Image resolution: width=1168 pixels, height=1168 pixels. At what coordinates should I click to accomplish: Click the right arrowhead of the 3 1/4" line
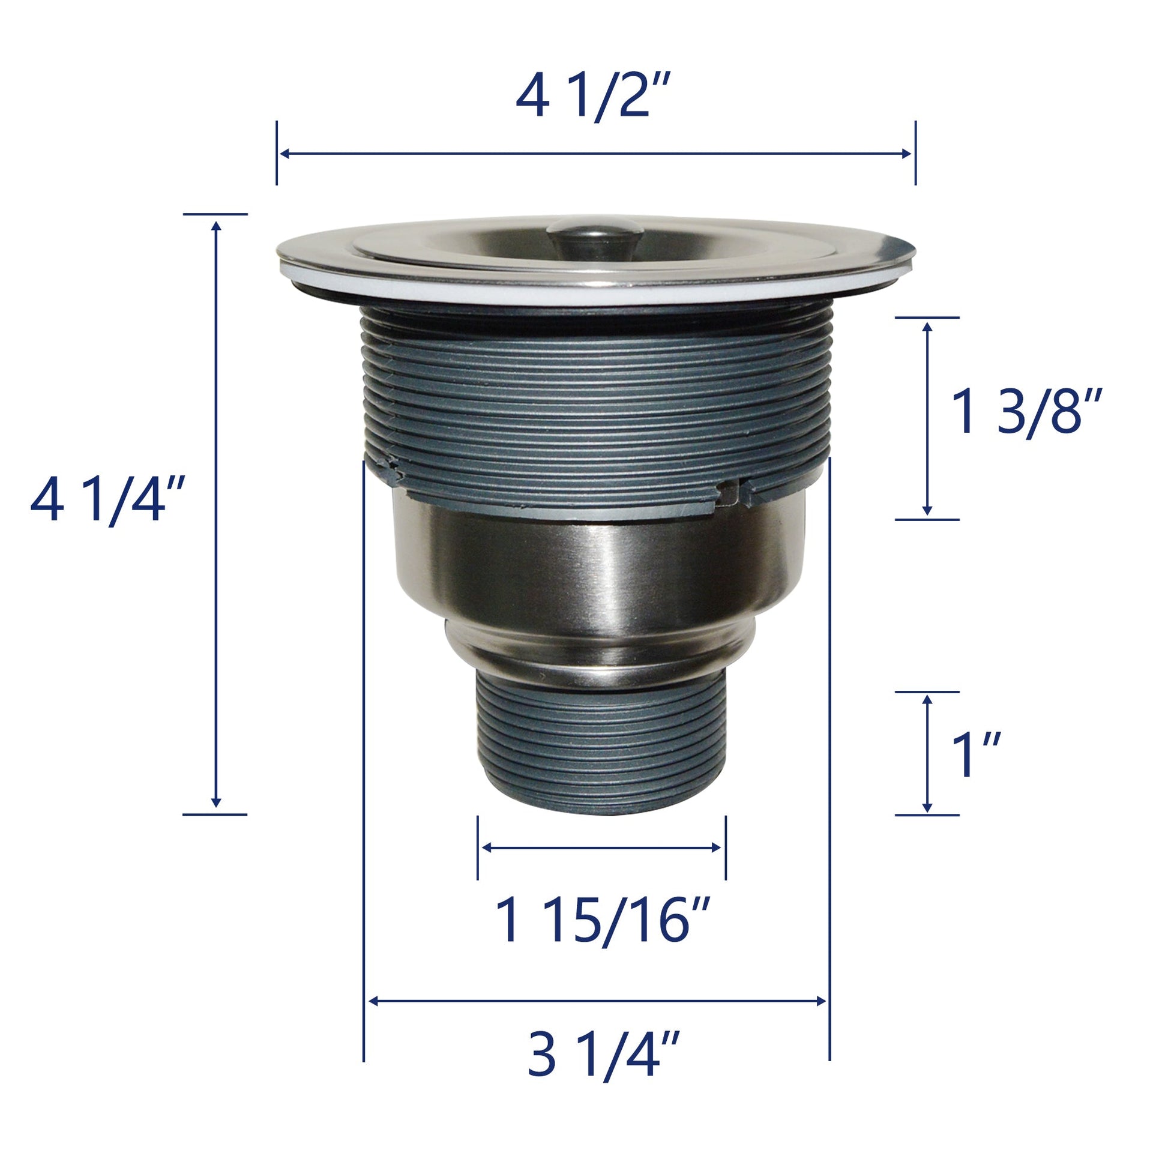click(x=822, y=1001)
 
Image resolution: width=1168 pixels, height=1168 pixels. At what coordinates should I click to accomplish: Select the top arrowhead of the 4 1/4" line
click(x=216, y=225)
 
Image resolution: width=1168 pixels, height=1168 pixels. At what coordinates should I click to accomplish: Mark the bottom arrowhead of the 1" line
click(x=927, y=808)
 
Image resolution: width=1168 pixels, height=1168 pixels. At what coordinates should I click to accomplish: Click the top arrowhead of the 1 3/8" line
click(x=927, y=325)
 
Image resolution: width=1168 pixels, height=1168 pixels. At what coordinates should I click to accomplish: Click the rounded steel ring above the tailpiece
click(x=598, y=653)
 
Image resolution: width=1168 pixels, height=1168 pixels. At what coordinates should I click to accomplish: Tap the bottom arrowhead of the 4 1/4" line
click(x=216, y=804)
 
